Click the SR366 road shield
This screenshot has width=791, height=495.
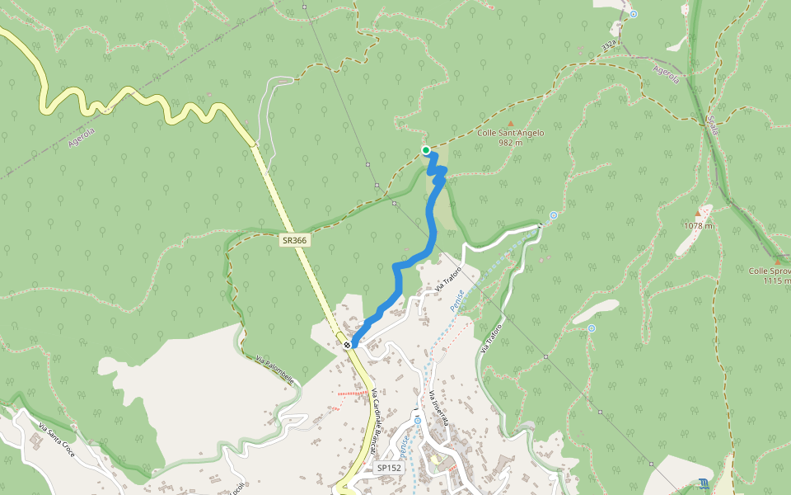(293, 240)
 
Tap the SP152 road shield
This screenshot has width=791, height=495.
(388, 468)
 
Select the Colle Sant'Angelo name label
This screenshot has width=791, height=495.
(511, 132)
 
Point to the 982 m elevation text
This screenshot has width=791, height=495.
(511, 142)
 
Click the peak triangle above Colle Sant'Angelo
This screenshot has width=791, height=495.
(510, 123)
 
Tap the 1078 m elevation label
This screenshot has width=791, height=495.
(697, 224)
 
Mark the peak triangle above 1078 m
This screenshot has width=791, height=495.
(697, 213)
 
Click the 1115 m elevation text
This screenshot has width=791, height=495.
(777, 280)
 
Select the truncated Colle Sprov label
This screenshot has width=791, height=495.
(770, 271)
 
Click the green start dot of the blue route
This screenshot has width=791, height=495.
(426, 150)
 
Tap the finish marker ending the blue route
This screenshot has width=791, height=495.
(349, 344)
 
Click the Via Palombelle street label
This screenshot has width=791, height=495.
(274, 370)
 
